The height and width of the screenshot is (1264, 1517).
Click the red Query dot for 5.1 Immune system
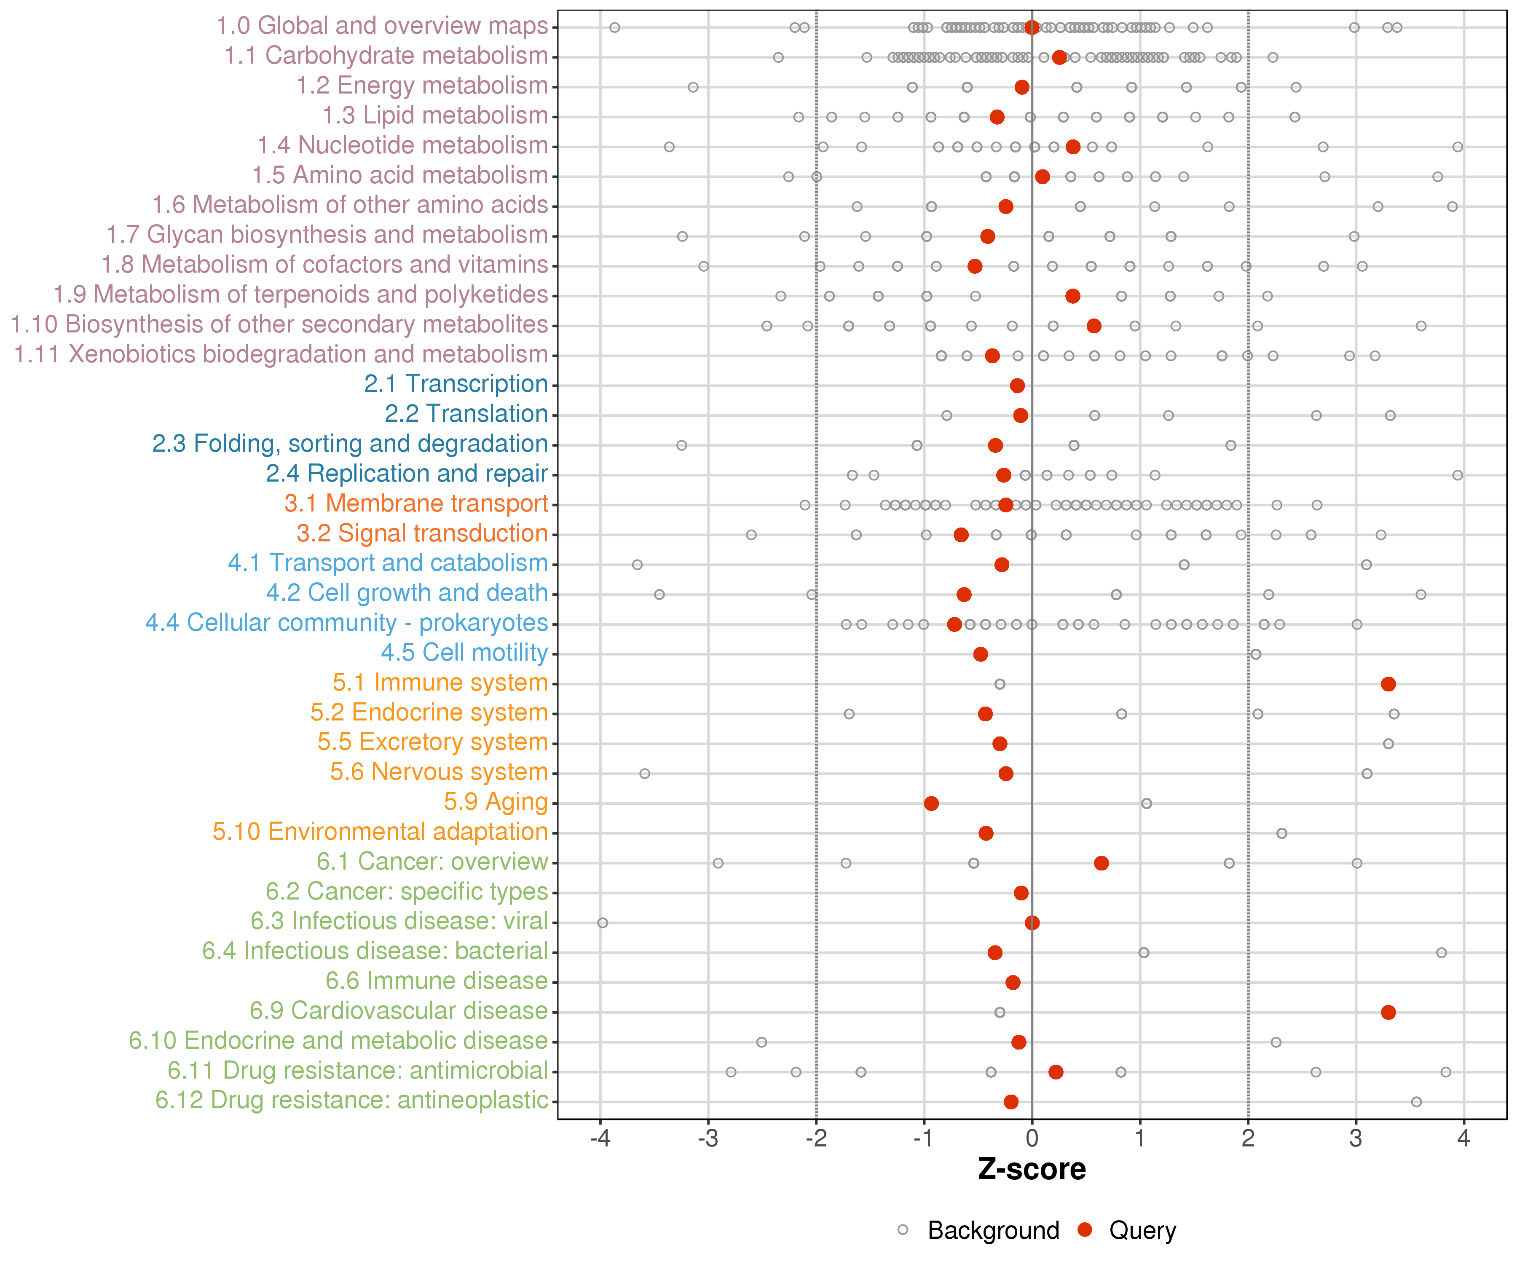tap(1388, 684)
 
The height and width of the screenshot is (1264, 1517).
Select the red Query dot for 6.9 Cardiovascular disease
tap(1388, 1012)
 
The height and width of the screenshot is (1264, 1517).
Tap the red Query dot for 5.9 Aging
tap(931, 803)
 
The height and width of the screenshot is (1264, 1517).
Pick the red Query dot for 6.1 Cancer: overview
tap(1101, 863)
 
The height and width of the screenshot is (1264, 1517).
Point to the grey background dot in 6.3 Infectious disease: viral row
tap(603, 922)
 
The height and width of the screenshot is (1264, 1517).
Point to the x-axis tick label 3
tap(1356, 1139)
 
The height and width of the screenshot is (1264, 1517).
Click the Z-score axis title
tap(1032, 1169)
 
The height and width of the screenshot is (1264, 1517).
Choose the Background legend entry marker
tap(903, 1230)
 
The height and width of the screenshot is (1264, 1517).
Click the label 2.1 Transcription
tap(456, 384)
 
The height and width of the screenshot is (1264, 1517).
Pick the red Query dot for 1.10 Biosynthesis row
tap(1094, 326)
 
